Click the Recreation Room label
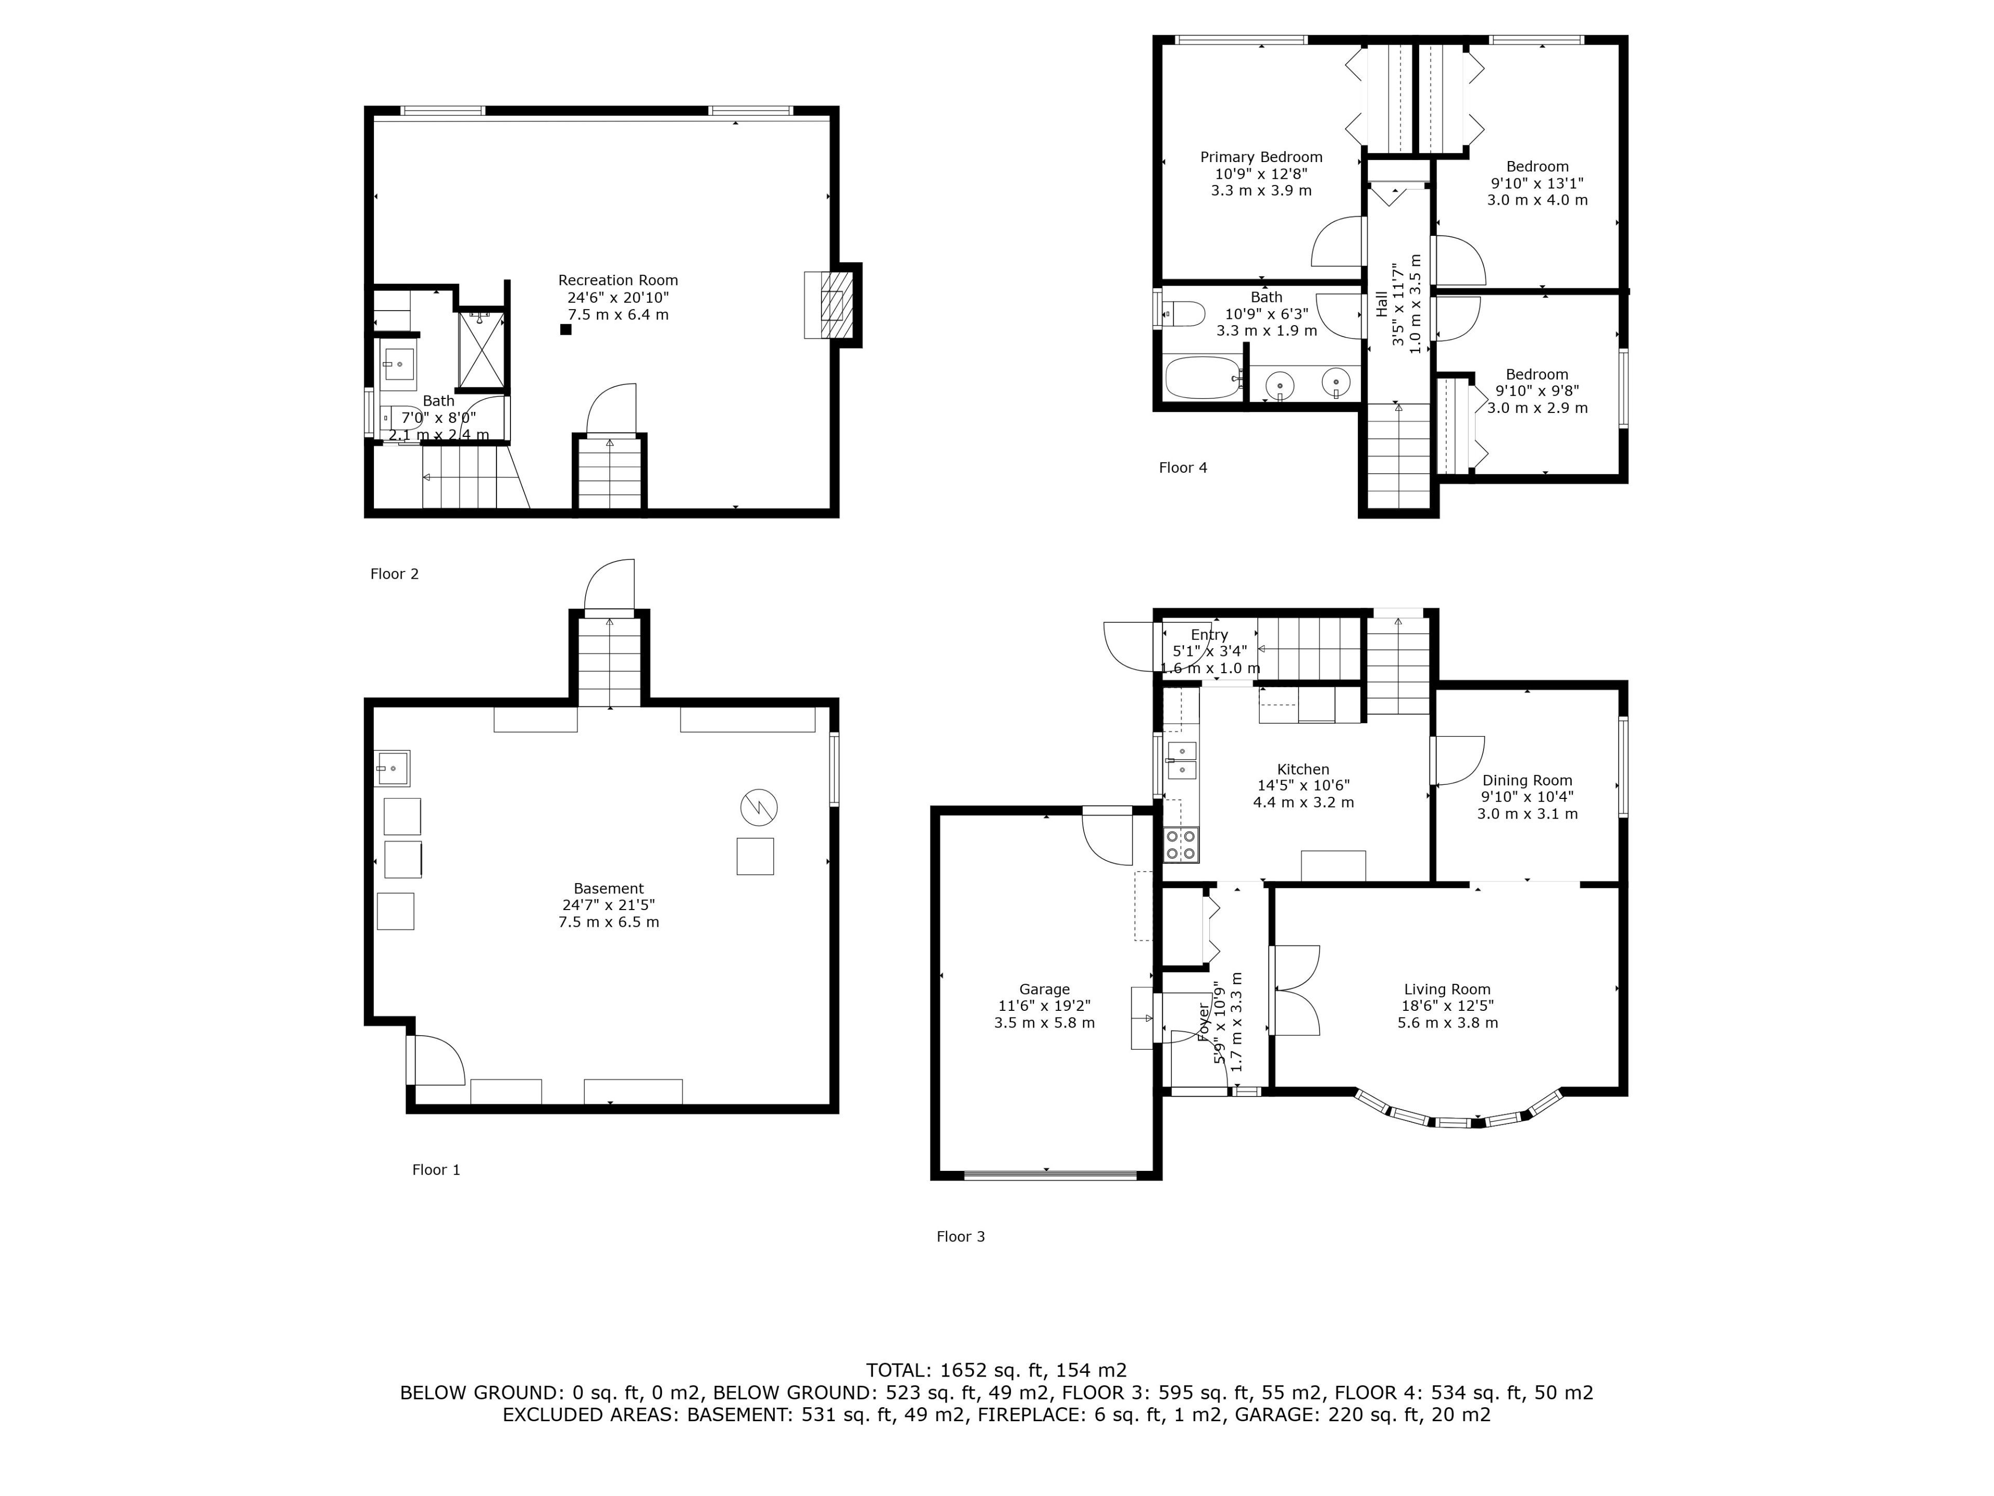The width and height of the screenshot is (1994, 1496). pos(617,280)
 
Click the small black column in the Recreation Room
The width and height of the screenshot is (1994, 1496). pos(566,329)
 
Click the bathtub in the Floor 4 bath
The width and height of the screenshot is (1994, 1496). pos(1203,378)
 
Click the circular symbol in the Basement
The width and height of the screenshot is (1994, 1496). pos(759,807)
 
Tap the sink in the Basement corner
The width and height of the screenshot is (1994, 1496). pos(392,768)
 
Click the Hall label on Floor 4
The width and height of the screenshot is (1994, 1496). pos(1381,303)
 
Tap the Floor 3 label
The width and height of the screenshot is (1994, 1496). pos(961,1236)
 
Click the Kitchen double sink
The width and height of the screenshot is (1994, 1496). pos(1182,760)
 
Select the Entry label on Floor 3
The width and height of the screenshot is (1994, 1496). pos(1209,635)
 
